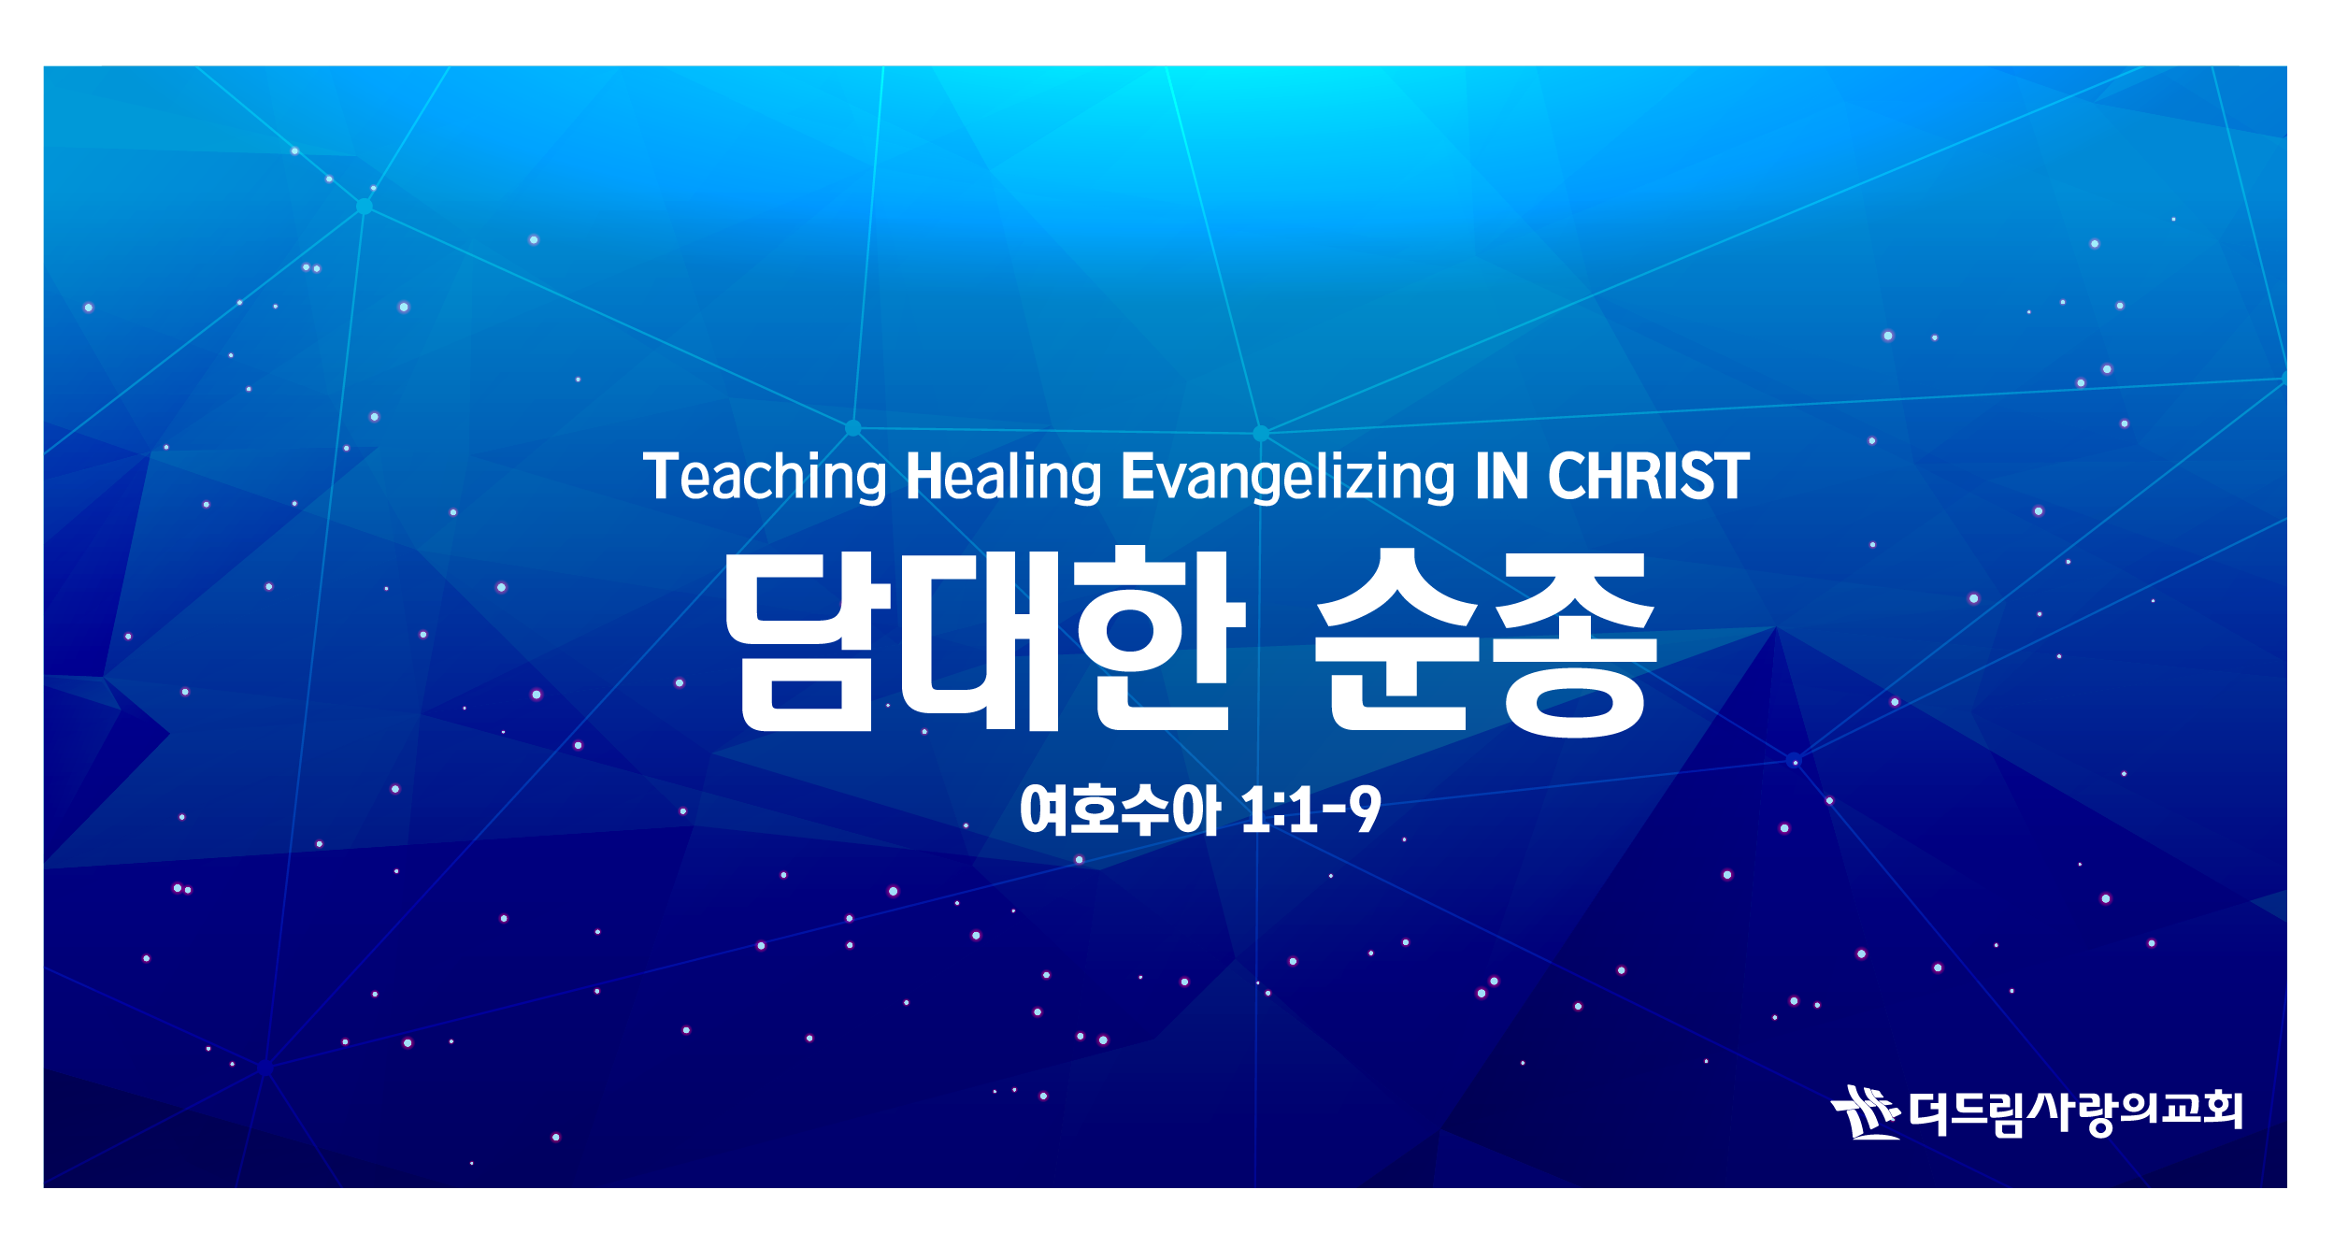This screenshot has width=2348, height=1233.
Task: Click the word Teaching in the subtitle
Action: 765,478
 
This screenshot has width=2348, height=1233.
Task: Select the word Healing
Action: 1004,478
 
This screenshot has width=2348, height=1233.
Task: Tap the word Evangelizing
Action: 1287,478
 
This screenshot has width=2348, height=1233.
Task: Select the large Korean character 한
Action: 1162,638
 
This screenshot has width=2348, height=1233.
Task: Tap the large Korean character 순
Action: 1396,639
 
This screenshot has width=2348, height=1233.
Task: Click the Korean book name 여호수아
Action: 1121,810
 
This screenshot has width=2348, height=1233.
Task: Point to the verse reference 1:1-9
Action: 1311,809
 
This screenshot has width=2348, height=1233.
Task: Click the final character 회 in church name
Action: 2221,1110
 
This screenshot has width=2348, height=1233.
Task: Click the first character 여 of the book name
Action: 1045,810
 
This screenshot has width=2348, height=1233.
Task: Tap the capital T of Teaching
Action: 661,476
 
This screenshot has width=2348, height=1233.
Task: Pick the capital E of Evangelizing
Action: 1138,476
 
